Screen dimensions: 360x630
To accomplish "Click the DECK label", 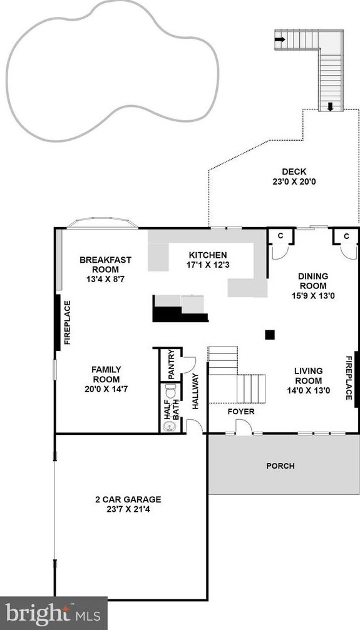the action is coord(294,172).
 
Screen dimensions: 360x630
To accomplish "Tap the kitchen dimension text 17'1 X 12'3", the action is coord(208,265).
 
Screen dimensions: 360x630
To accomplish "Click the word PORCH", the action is coord(280,466).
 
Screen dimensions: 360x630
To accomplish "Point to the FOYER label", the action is coord(241,412).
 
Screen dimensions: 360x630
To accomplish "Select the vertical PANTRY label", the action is coord(172,364).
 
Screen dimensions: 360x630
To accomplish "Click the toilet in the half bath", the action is coord(170,391).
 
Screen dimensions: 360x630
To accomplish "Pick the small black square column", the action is coord(270,335).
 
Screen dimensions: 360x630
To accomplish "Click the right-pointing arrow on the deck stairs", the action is coord(280,39).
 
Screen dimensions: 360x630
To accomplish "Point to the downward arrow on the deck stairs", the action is coord(330,106).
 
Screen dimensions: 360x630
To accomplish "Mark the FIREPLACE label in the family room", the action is coord(67,323).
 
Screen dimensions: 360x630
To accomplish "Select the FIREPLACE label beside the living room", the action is coord(349,378).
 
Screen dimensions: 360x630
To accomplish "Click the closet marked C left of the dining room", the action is coord(280,236).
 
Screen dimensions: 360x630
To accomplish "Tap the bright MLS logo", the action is coord(53,613).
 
